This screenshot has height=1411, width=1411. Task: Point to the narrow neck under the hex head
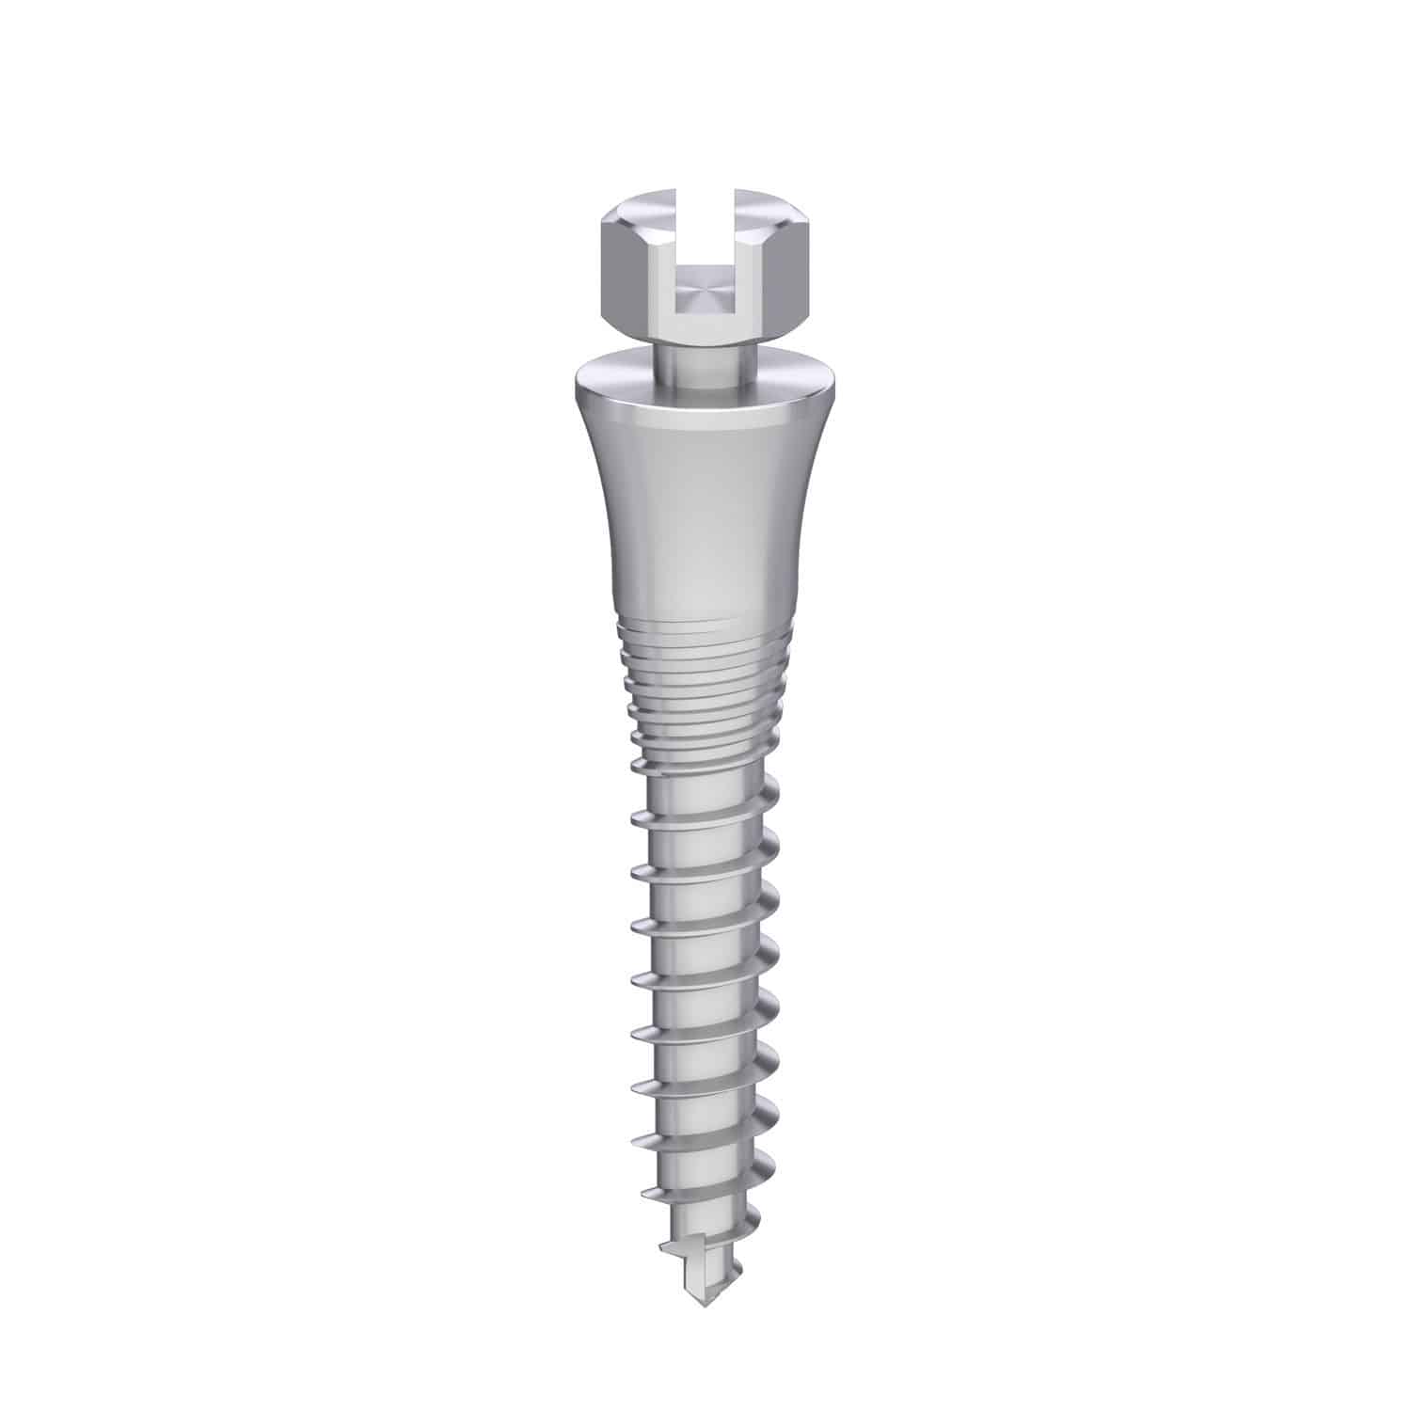(x=700, y=362)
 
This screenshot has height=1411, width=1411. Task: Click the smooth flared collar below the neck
(x=701, y=508)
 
